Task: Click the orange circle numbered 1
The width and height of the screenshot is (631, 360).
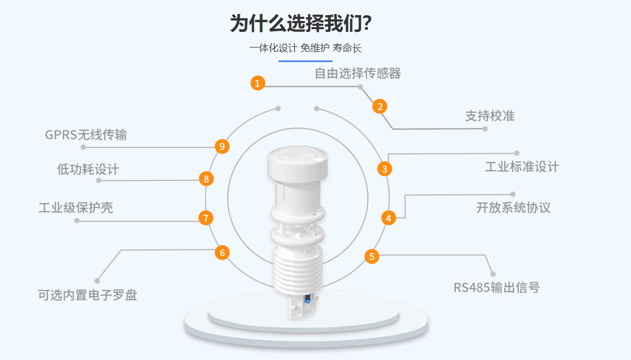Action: coord(258,83)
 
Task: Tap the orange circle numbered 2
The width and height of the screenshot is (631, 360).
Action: coord(380,106)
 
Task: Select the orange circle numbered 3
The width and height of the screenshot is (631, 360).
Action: coord(384,169)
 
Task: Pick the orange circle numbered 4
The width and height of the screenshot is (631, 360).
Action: coord(389,218)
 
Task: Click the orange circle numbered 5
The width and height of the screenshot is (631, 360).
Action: coord(371,256)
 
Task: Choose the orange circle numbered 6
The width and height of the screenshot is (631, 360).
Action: coord(222,253)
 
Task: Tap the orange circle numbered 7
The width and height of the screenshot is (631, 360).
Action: coord(206,218)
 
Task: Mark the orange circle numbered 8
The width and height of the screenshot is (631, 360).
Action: coord(206,178)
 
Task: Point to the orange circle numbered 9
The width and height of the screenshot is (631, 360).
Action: coord(222,146)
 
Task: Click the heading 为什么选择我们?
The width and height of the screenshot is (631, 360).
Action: coord(301,23)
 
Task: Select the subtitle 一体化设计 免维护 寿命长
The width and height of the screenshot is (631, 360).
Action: coord(305,48)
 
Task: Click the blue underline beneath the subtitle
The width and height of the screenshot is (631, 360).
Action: coord(305,61)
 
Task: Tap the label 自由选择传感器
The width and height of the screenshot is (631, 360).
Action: coord(357,73)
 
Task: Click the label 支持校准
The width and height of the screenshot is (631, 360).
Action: coord(490,116)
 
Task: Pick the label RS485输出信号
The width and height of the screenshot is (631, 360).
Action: coord(496,287)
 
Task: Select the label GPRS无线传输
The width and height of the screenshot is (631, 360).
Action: coord(86,134)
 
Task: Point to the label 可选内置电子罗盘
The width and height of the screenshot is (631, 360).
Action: coord(87,295)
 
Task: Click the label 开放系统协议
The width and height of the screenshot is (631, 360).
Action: coord(513,208)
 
